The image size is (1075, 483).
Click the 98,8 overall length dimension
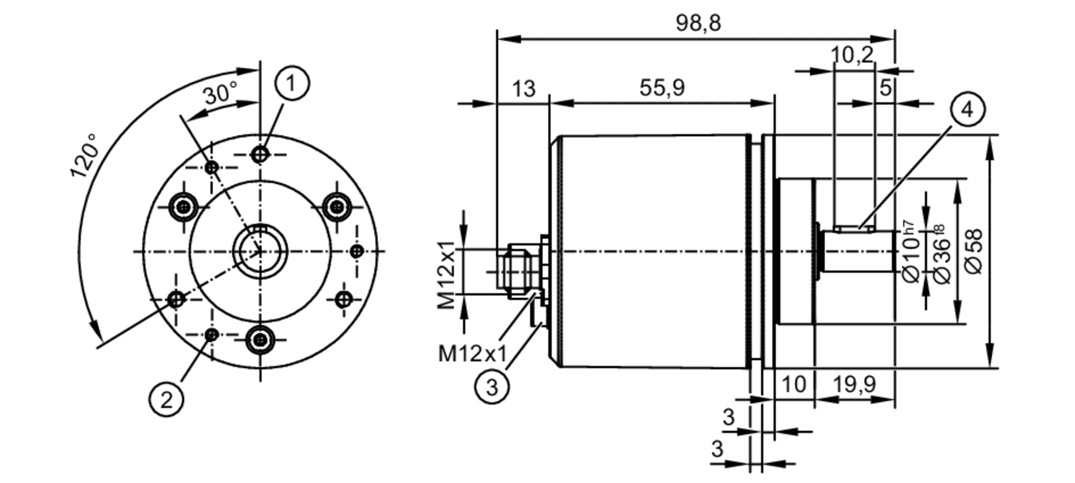pos(698,23)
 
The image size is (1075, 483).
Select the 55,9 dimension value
pos(662,88)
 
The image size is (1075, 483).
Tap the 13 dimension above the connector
pos(523,89)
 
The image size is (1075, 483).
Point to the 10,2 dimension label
pos(852,54)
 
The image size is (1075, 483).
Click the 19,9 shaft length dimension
pos(854,384)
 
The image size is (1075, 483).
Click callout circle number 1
pos(292,83)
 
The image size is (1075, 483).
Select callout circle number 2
pos(166,400)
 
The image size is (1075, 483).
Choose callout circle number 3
pos(492,387)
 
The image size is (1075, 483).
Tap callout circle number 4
pos(967,109)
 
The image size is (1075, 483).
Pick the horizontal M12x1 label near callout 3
pos(472,354)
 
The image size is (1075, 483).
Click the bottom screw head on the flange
pos(261,339)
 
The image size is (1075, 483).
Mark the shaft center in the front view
pos(260,251)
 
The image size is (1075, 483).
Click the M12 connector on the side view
pos(516,271)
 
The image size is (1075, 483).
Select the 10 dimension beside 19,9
pos(793,384)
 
